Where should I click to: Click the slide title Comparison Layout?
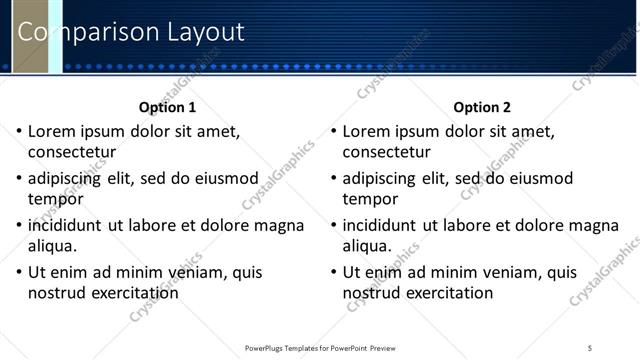[x=131, y=32]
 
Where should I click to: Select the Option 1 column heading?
[x=167, y=107]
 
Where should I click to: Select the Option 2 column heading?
[x=482, y=107]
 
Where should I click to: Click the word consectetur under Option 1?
[x=72, y=153]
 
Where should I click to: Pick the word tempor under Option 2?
[x=370, y=199]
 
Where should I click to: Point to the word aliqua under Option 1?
[x=54, y=246]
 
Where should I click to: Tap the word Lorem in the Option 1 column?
[x=50, y=131]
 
